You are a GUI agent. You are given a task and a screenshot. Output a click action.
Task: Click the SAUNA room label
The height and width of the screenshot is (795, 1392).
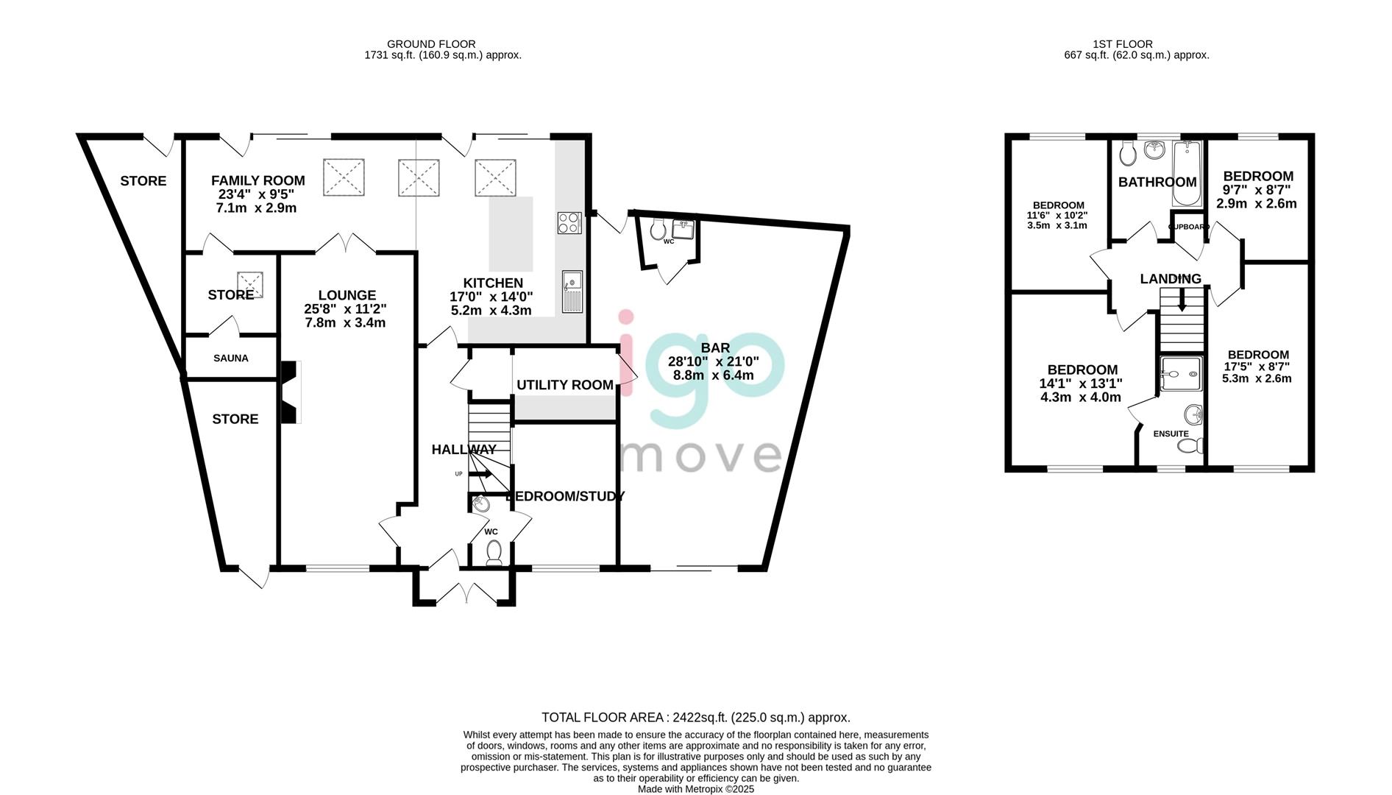tap(231, 358)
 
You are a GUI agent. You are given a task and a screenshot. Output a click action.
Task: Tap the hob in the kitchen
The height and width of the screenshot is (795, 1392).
tap(569, 223)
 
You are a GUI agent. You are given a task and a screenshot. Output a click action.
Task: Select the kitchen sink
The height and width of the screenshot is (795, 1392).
tap(572, 291)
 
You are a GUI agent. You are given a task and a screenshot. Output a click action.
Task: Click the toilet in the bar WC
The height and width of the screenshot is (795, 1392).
tap(658, 229)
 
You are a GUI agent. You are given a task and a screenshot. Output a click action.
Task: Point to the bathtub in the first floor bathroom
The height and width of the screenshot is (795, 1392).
tap(1186, 173)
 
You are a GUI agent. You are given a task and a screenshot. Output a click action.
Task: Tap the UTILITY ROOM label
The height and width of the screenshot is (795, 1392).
tap(565, 385)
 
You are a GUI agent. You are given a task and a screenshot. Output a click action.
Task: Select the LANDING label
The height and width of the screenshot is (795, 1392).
tap(1171, 279)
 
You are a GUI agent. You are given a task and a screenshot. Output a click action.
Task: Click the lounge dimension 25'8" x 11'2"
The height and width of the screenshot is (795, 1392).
tap(345, 309)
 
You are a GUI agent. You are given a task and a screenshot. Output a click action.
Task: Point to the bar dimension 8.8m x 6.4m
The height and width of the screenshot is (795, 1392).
tap(714, 375)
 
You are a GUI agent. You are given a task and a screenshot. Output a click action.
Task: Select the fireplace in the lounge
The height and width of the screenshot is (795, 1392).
tap(290, 392)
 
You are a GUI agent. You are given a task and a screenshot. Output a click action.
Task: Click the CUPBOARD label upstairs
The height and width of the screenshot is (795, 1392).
tap(1189, 227)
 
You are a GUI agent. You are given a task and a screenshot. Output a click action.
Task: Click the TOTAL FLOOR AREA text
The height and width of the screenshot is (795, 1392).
tap(696, 717)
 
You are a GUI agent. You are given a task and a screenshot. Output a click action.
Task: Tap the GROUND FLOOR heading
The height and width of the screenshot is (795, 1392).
tap(431, 44)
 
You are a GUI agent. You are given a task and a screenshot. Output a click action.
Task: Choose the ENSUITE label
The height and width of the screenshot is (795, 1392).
tap(1171, 434)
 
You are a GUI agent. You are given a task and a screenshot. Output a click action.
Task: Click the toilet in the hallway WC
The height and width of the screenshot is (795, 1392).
tap(494, 553)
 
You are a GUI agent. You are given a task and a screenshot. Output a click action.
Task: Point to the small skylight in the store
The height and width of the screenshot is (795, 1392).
tap(249, 283)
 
